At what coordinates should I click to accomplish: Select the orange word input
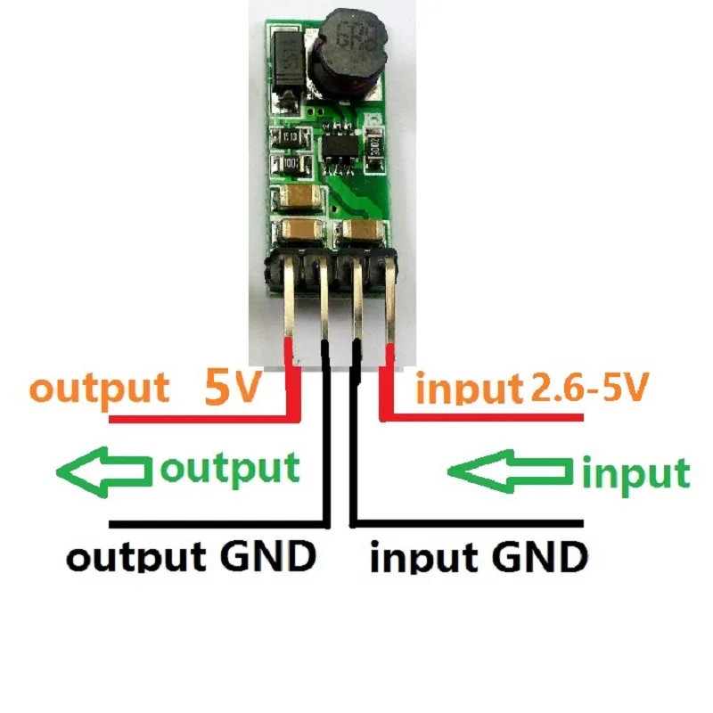point(469,390)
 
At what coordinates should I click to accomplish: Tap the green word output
point(228,468)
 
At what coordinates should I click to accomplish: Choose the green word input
point(635,473)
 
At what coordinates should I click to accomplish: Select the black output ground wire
point(214,523)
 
